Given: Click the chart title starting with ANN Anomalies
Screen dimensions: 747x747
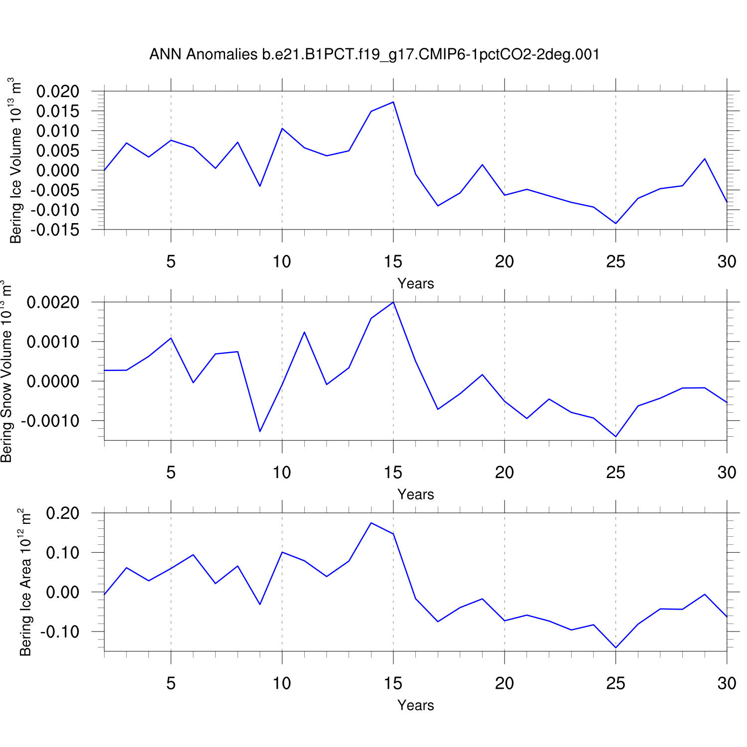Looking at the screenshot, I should tap(374, 54).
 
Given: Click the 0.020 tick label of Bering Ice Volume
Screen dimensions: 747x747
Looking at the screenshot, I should tap(58, 91).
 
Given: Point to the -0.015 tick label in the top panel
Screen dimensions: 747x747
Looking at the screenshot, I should tap(55, 230).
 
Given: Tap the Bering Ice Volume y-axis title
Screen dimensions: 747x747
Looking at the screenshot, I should tap(16, 160).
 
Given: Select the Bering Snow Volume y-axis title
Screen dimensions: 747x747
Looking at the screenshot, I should tap(6, 371).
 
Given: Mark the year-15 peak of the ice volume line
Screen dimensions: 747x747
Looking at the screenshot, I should tap(393, 102).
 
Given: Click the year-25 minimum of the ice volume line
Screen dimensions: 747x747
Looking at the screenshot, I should tap(616, 223).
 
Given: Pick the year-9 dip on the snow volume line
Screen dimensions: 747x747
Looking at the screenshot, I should tap(260, 431).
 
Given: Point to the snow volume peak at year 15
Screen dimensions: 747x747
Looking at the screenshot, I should tap(393, 302).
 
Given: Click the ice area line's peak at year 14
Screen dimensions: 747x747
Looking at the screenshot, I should tap(371, 523).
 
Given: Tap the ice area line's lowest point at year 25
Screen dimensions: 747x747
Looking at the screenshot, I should tap(616, 647).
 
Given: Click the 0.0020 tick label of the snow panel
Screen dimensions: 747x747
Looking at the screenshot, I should tap(53, 302).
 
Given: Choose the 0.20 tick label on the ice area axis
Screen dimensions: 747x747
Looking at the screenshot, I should tap(62, 513).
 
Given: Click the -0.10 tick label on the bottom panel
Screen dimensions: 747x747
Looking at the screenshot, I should tap(60, 631).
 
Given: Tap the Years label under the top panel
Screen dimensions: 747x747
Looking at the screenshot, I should tap(415, 283).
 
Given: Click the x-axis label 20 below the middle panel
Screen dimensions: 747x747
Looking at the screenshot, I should tap(504, 472).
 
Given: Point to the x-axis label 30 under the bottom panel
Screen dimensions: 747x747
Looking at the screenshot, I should tap(727, 683).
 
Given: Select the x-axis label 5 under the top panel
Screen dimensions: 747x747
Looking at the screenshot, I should tap(171, 261).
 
